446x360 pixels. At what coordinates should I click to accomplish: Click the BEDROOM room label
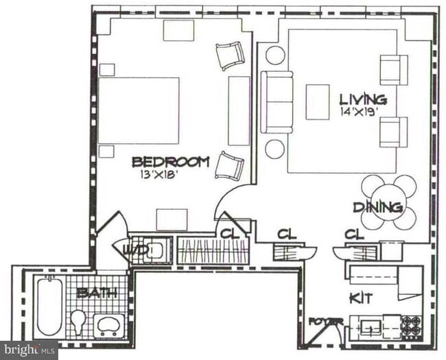(170, 162)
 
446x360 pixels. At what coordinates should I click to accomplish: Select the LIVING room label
(362, 99)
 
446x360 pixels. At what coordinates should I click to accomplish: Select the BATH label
(96, 293)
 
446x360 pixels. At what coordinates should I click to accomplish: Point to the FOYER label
(325, 322)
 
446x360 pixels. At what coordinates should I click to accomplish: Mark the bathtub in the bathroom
(49, 307)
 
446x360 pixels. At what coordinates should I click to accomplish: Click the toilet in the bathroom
(79, 322)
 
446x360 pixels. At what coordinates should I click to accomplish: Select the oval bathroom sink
(108, 324)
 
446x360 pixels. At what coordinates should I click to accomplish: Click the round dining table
(389, 202)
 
